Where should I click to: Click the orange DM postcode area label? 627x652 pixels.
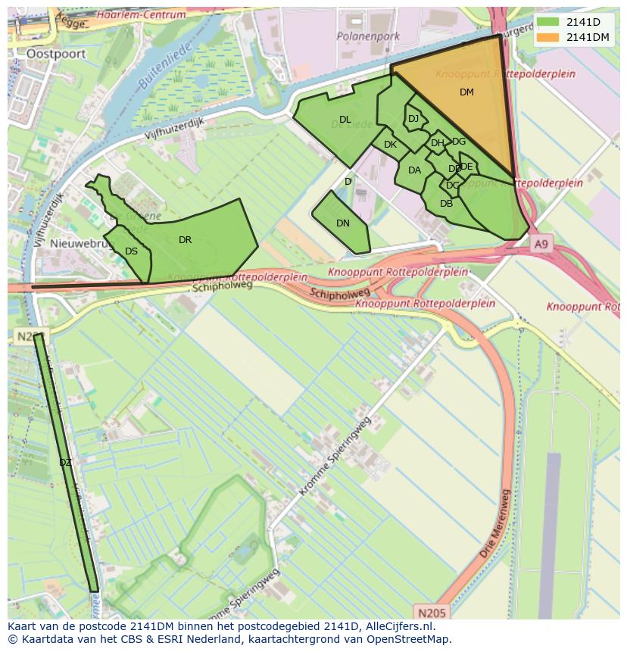466,92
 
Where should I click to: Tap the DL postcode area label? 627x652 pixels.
345,120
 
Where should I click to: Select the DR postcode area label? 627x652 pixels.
186,240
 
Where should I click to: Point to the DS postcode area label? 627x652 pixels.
132,251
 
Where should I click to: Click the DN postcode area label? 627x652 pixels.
343,223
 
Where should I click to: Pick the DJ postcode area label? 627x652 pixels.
413,119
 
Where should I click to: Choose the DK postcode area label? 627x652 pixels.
390,145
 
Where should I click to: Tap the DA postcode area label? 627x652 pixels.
414,170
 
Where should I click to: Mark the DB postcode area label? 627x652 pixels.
446,204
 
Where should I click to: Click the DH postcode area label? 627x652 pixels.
438,143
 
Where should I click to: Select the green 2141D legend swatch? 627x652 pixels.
549,22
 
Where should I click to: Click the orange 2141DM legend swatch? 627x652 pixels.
549,37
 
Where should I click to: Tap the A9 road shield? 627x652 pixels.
540,245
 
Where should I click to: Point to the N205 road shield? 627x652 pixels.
432,612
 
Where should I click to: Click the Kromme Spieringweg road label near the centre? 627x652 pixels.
335,456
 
